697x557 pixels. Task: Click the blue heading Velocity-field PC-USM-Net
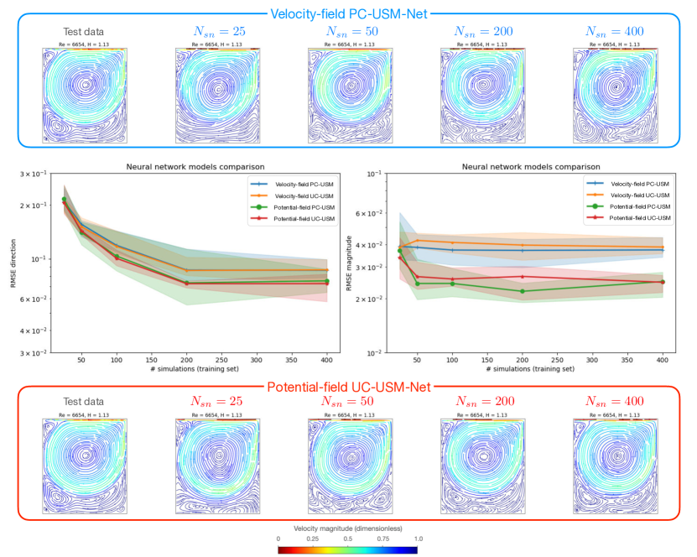[348, 13]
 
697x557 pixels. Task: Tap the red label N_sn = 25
[217, 403]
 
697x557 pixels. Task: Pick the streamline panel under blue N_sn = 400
[615, 96]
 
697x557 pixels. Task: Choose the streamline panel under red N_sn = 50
[351, 466]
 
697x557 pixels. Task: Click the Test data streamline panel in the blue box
[84, 96]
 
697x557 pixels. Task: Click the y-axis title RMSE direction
[14, 263]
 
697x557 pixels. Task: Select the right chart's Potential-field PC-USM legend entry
[638, 206]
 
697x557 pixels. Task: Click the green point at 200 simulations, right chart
[522, 291]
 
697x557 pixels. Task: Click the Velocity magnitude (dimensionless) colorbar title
[347, 528]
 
